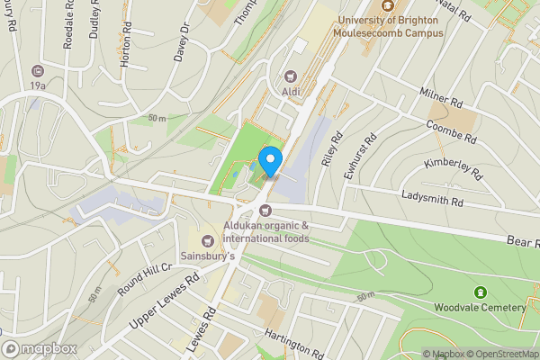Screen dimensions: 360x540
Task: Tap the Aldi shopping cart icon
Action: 290,76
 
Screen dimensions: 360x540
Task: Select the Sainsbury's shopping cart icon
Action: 209,240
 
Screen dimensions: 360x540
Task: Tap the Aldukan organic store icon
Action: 265,210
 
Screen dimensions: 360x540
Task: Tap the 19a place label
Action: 37,85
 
